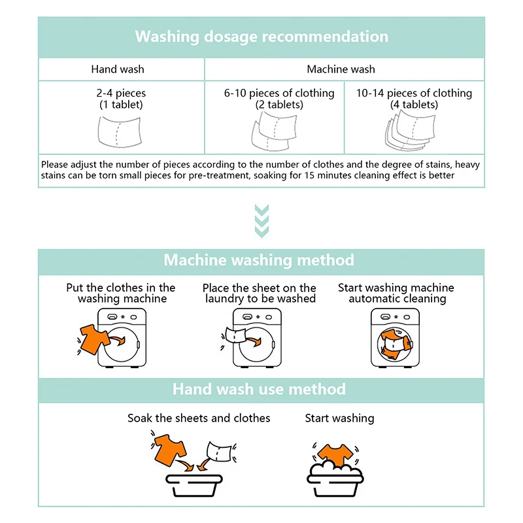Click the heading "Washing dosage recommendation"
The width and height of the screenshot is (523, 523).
261,37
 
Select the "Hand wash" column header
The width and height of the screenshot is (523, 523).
118,69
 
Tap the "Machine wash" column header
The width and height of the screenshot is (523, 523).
341,69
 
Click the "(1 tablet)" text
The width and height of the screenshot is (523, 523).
121,105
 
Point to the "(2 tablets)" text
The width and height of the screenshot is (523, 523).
279,105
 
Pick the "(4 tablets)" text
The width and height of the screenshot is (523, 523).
414,105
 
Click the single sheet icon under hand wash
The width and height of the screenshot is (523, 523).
120,130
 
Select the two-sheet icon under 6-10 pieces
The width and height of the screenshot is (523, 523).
275,131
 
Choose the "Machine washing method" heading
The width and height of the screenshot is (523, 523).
259,260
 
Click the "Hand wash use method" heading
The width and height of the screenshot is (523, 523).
259,390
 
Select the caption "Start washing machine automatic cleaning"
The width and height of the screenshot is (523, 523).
396,294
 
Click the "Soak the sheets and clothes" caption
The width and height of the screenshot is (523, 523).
199,418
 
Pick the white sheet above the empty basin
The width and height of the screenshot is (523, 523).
218,450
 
